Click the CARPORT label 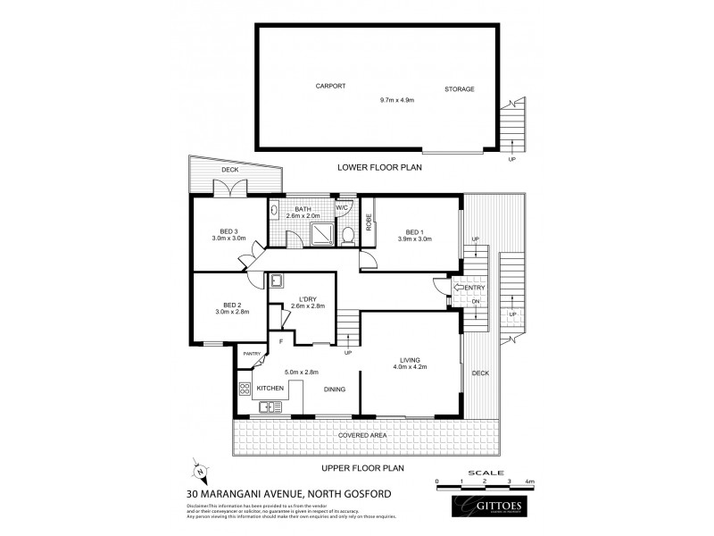(330, 87)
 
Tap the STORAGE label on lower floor (460, 88)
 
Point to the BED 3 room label (224, 232)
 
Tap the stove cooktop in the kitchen (245, 389)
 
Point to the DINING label (335, 389)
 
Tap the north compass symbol (198, 471)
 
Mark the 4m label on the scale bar (531, 482)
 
